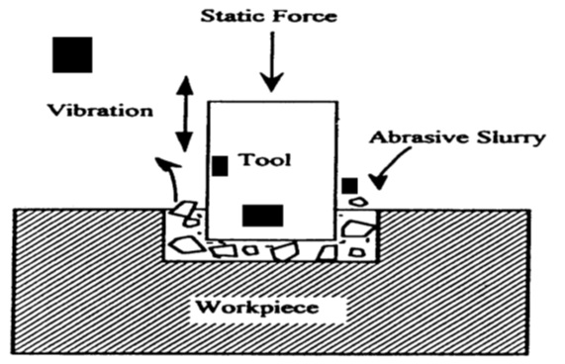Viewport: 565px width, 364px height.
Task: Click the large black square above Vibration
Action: (72, 54)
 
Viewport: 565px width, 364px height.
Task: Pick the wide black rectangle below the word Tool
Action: (263, 215)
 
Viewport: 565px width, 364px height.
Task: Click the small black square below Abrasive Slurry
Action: (349, 185)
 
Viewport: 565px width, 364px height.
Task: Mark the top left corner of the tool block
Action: (207, 102)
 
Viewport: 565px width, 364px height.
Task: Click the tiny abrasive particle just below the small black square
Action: (357, 202)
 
